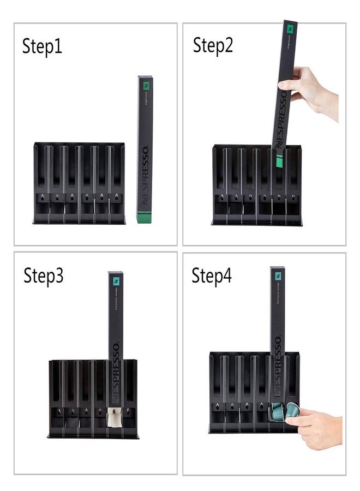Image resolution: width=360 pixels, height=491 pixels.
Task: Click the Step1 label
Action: (x=42, y=46)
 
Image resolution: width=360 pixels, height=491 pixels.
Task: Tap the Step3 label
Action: (x=43, y=276)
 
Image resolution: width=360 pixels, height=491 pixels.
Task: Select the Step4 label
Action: (x=211, y=276)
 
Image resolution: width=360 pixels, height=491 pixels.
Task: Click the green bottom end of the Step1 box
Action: (x=144, y=218)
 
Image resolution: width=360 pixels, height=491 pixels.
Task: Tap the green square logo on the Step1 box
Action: (x=146, y=85)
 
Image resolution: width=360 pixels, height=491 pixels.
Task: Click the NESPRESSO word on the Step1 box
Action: (x=145, y=175)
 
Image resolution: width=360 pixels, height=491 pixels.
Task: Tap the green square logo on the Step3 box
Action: (x=116, y=280)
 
